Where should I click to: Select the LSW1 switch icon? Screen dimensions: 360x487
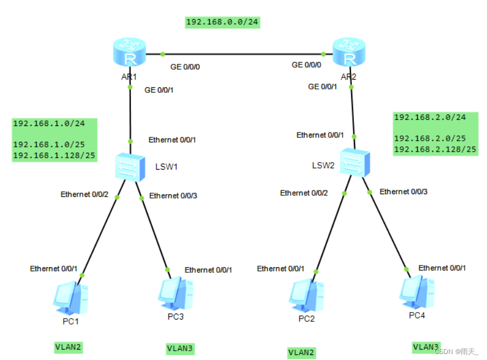click(x=130, y=167)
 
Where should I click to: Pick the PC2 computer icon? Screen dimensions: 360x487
click(x=306, y=295)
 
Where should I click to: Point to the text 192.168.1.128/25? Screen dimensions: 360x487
click(x=54, y=156)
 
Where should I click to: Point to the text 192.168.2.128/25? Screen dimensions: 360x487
click(x=435, y=149)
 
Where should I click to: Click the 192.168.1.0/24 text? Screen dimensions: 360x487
click(x=48, y=123)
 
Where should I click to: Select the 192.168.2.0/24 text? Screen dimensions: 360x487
click(x=430, y=117)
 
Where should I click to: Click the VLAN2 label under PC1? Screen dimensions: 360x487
click(x=68, y=346)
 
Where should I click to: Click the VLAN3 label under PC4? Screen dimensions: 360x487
click(x=426, y=347)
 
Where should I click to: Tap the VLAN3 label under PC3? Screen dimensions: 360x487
click(x=180, y=348)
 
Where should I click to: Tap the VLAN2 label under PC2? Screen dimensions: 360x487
click(x=301, y=352)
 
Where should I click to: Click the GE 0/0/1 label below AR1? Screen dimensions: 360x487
click(x=159, y=90)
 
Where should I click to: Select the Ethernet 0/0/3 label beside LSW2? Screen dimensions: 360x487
click(x=404, y=191)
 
